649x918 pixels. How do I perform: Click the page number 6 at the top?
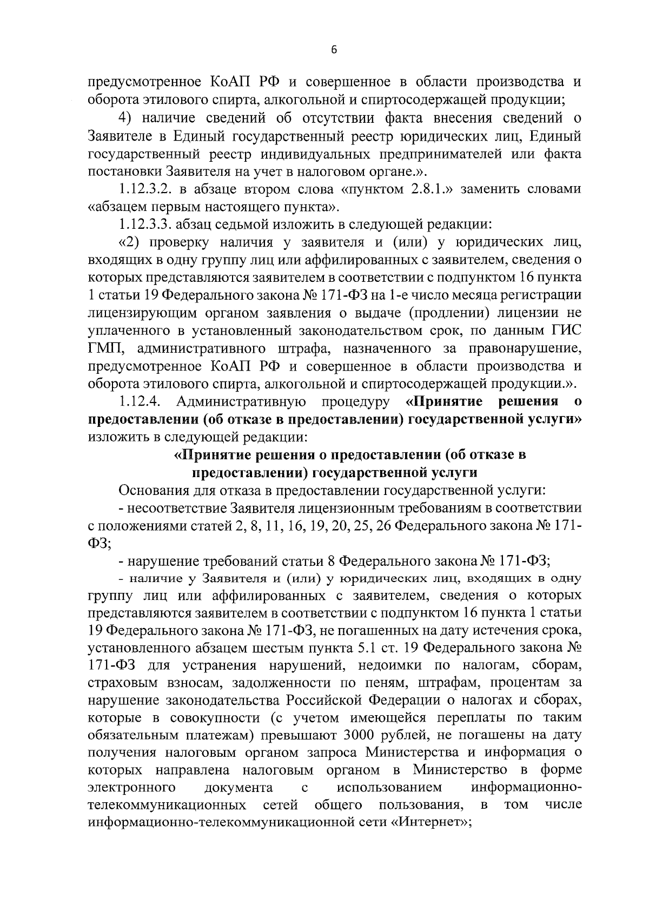(334, 50)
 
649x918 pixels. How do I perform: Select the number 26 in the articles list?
(378, 526)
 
